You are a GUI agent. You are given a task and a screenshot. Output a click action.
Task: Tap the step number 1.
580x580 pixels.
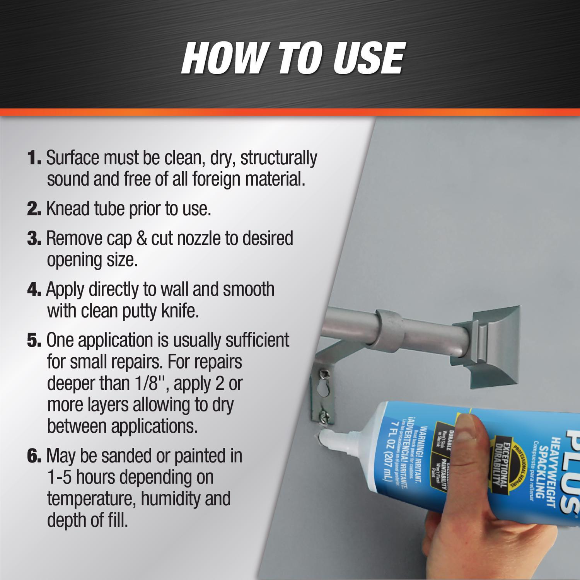click(34, 158)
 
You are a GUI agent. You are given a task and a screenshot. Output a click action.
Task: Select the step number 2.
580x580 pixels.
click(34, 209)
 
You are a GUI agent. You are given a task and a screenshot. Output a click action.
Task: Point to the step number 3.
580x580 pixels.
click(34, 239)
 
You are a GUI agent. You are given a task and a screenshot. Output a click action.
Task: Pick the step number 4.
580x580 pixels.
click(34, 290)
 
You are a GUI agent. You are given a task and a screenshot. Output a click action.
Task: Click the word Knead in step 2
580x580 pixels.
click(68, 209)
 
